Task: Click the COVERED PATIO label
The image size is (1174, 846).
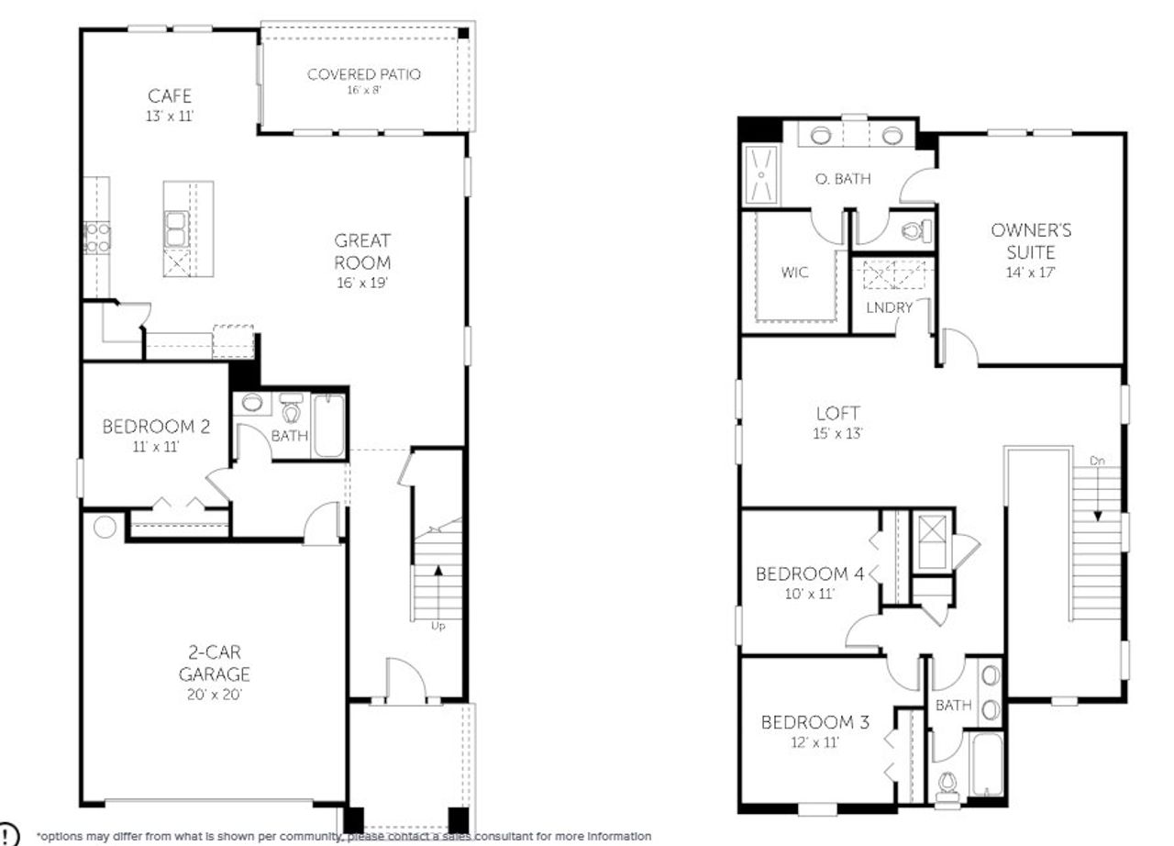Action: [363, 74]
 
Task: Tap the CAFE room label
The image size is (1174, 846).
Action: [170, 95]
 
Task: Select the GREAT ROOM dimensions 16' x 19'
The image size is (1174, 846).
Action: [363, 284]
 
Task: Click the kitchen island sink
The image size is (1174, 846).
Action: [175, 228]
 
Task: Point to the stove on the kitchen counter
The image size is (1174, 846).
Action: [96, 237]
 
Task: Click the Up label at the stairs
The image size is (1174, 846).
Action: [438, 626]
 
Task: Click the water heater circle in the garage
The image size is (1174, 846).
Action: [105, 528]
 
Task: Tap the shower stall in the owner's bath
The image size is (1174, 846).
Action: [759, 174]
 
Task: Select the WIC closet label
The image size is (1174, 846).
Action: [795, 273]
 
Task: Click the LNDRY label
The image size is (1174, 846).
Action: [890, 307]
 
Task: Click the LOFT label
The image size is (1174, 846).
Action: [837, 414]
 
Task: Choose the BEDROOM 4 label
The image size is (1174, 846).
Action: [809, 574]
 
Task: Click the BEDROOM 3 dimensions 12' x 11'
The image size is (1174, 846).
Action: [814, 743]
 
